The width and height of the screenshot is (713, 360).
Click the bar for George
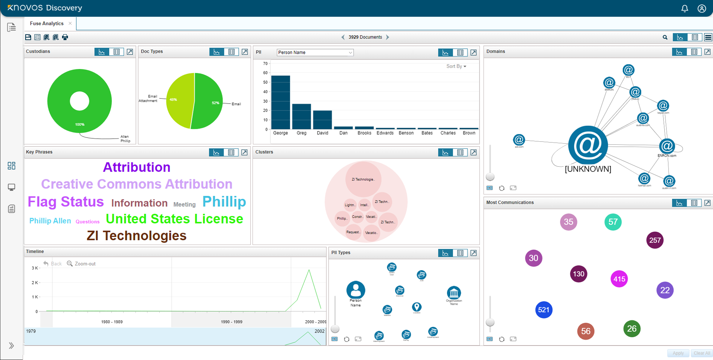(280, 102)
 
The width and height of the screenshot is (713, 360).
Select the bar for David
(322, 120)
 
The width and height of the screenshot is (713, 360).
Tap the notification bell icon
(684, 8)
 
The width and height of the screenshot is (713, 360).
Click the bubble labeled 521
(544, 310)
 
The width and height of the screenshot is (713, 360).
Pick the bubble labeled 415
(619, 279)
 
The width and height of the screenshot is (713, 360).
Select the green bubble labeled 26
(632, 328)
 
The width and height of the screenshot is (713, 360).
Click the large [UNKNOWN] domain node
(588, 145)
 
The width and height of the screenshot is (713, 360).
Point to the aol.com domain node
(519, 140)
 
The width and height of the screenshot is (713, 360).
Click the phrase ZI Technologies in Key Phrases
(137, 236)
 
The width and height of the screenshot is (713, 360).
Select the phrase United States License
(174, 219)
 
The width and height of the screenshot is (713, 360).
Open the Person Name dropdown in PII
(315, 52)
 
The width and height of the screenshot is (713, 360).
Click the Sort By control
(456, 66)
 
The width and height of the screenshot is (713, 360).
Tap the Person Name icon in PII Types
(355, 290)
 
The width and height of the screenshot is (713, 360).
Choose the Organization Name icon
(454, 293)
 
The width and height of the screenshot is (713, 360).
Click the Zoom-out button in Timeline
(81, 264)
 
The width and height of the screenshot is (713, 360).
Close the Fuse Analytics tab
(70, 23)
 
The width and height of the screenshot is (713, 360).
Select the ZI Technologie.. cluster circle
(363, 179)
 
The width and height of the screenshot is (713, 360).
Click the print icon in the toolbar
(65, 37)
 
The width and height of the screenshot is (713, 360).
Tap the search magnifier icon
(665, 37)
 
